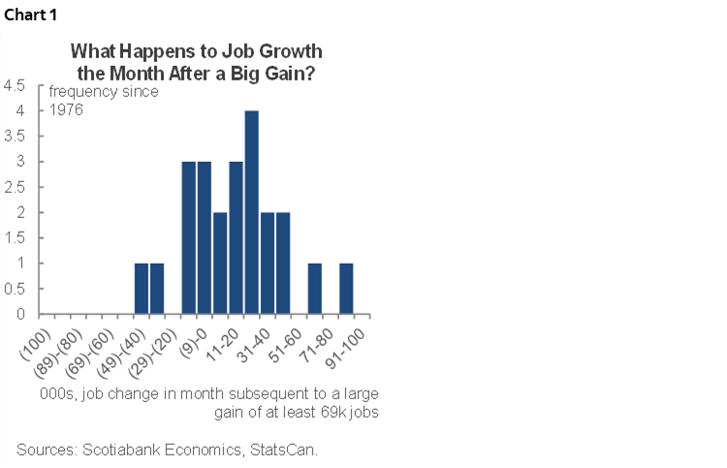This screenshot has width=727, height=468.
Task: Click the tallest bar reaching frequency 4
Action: [252, 212]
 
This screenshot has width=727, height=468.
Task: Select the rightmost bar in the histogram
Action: [346, 289]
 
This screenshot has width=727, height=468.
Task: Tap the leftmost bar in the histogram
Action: [142, 289]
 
